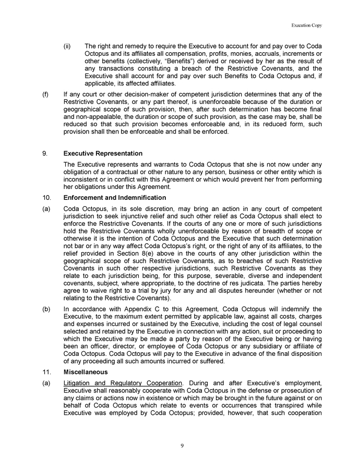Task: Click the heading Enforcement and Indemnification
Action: pyautogui.click(x=114, y=198)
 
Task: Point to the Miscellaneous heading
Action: pyautogui.click(x=85, y=373)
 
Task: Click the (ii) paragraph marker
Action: pyautogui.click(x=67, y=46)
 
